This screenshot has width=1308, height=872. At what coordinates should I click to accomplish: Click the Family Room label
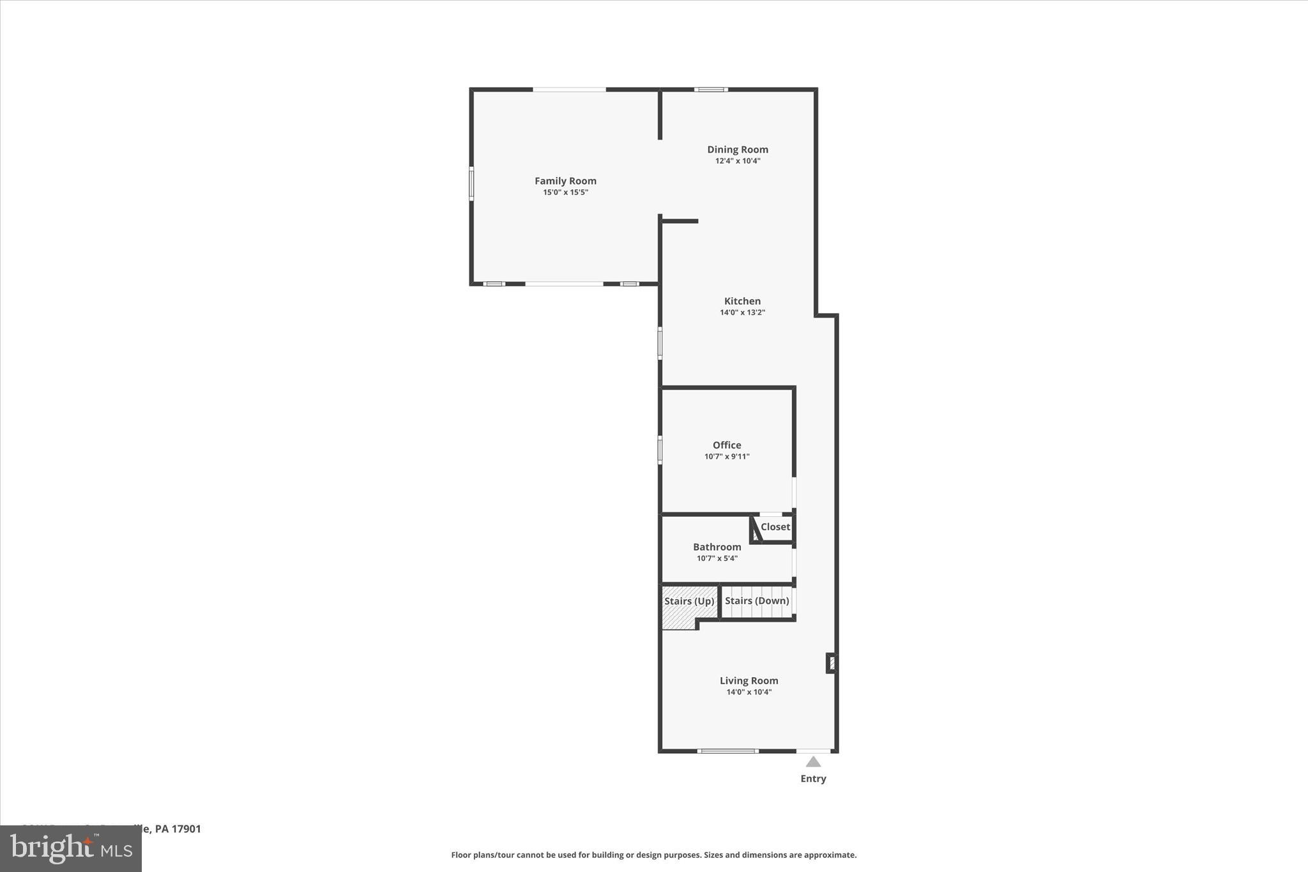pyautogui.click(x=565, y=181)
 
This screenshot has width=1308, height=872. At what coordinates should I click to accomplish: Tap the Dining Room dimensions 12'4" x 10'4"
pyautogui.click(x=738, y=161)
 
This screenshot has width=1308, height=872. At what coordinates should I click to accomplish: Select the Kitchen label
pyautogui.click(x=742, y=301)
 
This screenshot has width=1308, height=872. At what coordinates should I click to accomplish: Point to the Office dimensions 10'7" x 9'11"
pyautogui.click(x=727, y=457)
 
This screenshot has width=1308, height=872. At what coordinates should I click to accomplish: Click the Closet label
pyautogui.click(x=775, y=527)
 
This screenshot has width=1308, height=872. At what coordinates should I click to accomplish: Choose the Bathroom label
pyautogui.click(x=717, y=547)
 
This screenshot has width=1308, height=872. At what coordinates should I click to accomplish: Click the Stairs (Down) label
pyautogui.click(x=757, y=600)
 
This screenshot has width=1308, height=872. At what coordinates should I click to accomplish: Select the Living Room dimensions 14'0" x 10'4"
pyautogui.click(x=749, y=692)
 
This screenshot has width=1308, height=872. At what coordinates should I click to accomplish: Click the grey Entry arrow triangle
pyautogui.click(x=813, y=761)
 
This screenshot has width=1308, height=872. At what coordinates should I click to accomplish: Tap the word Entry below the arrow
pyautogui.click(x=813, y=779)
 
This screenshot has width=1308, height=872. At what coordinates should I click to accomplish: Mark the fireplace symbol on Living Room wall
pyautogui.click(x=832, y=662)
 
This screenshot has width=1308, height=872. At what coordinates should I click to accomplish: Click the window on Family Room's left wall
pyautogui.click(x=471, y=183)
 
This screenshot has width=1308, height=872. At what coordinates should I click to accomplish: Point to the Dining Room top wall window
pyautogui.click(x=711, y=89)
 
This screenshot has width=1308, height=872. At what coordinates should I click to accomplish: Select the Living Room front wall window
pyautogui.click(x=727, y=751)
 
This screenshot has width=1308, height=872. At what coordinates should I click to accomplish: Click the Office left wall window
pyautogui.click(x=660, y=449)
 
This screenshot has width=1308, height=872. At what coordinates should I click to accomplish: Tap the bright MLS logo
pyautogui.click(x=71, y=848)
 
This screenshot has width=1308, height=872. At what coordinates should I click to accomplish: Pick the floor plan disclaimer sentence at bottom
pyautogui.click(x=653, y=855)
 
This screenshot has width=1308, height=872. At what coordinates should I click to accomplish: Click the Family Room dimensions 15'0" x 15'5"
pyautogui.click(x=565, y=192)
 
